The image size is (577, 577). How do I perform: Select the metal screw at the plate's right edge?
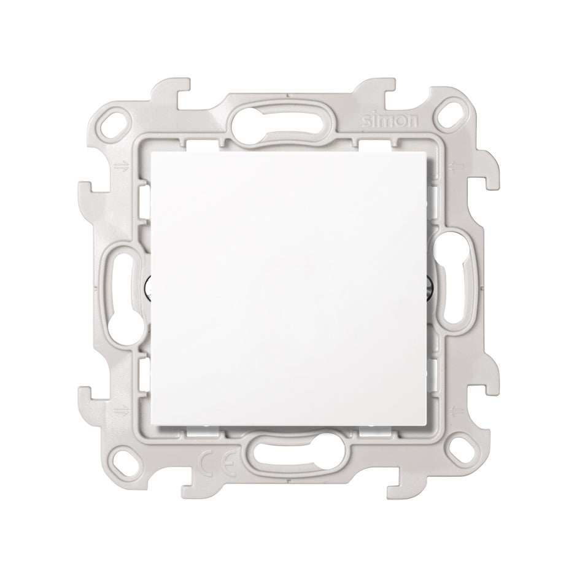[x=428, y=287]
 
